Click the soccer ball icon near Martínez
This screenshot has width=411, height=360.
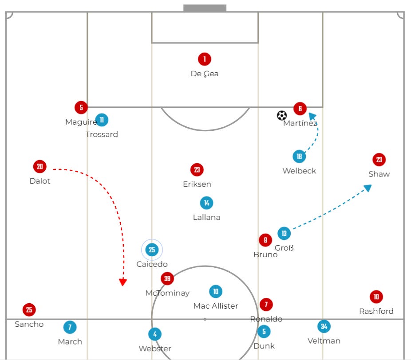[x=282, y=115]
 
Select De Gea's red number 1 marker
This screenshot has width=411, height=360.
[x=205, y=59]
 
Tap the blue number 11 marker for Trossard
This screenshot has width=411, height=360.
[x=102, y=120]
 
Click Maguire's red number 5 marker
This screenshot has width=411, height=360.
[x=81, y=107]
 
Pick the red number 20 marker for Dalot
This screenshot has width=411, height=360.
[x=40, y=167]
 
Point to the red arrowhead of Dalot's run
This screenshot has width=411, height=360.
[x=123, y=282]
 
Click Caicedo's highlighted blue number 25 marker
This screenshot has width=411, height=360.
[x=152, y=250]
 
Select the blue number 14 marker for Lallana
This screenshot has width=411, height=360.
[x=206, y=203]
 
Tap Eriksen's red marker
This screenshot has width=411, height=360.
[x=197, y=170]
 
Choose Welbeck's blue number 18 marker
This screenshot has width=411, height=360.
[x=299, y=157]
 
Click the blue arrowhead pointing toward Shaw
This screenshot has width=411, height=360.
[x=368, y=188]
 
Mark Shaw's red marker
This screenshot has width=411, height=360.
[x=379, y=160]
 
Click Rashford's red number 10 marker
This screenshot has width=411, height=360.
[x=376, y=297]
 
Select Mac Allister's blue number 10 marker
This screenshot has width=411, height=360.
[x=216, y=291]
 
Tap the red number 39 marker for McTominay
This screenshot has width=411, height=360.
[x=167, y=278]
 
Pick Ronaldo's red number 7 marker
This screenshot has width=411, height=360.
[x=266, y=305]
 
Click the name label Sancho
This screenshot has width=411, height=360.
[x=29, y=324]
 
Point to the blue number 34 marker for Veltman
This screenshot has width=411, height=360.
[x=324, y=326]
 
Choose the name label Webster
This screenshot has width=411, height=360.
[x=155, y=348]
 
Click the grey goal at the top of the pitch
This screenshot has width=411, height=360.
[x=205, y=8]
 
